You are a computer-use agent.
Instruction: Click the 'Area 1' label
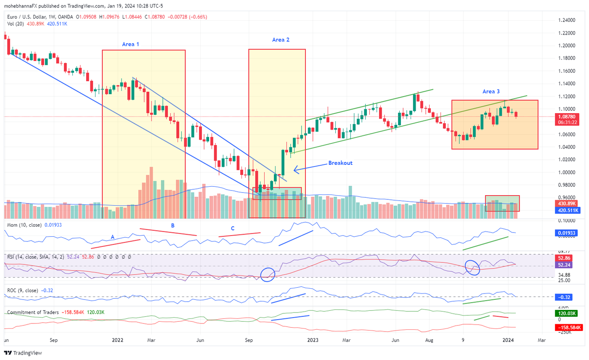click(130, 44)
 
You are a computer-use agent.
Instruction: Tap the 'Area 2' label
click(281, 40)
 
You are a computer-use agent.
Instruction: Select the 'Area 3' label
click(491, 91)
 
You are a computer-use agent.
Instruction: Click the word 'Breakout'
click(340, 163)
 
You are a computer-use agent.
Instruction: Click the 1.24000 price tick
click(567, 20)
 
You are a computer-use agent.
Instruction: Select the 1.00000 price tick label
click(567, 172)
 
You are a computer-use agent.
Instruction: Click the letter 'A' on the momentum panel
click(112, 237)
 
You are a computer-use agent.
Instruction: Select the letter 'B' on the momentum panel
click(172, 225)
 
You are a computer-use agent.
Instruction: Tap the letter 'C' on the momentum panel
click(233, 228)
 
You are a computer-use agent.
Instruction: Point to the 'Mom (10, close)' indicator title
click(25, 225)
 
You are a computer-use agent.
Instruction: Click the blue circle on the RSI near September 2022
click(268, 274)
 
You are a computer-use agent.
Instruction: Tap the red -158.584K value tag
click(569, 327)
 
